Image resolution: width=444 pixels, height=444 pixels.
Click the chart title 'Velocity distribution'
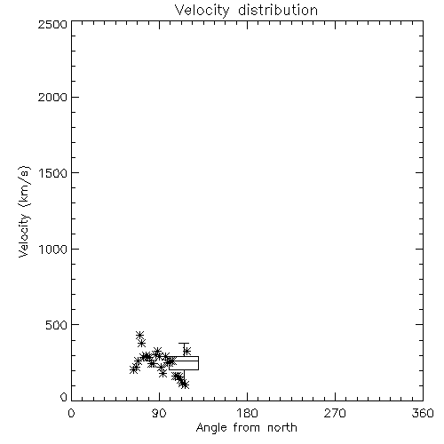click(246, 10)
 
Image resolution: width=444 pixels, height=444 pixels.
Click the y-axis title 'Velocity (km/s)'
click(24, 211)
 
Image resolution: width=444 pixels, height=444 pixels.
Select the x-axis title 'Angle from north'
click(246, 428)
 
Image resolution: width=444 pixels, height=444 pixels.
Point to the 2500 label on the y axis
click(52, 24)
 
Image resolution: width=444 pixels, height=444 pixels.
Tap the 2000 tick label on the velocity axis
click(52, 97)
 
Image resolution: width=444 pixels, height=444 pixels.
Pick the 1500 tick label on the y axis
click(53, 173)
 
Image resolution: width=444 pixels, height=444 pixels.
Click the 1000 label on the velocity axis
click(53, 250)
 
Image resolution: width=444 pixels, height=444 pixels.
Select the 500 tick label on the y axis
click(57, 325)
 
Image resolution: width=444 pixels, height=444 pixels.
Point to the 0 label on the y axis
click(64, 397)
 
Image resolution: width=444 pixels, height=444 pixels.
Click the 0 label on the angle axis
click(71, 413)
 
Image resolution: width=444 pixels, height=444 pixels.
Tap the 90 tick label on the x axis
click(159, 413)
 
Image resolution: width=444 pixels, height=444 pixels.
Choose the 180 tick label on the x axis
click(247, 413)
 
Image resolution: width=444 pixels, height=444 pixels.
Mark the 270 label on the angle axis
click(335, 413)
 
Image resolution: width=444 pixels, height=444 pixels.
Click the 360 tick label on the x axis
click(423, 413)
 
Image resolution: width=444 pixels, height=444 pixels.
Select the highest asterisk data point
click(139, 336)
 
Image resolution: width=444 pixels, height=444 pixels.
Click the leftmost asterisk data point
click(134, 369)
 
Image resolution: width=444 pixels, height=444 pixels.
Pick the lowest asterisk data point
click(185, 385)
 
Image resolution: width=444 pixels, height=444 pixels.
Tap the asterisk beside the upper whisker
click(186, 352)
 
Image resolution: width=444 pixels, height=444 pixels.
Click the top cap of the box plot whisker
click(184, 344)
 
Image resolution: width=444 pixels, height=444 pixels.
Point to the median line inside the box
click(184, 361)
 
